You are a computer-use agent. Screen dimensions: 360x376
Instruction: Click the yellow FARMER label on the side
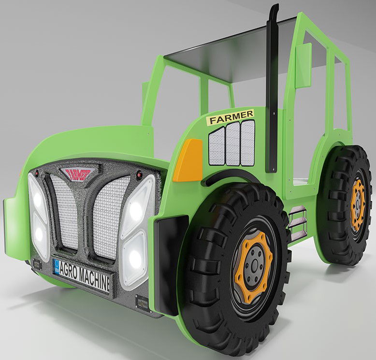(x=230, y=116)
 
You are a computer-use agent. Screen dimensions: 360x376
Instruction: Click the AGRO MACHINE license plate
(x=83, y=276)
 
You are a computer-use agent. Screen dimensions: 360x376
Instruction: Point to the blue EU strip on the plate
(x=57, y=266)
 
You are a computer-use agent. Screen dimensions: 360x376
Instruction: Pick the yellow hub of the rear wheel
(x=358, y=204)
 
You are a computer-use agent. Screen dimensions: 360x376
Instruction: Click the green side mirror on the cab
(x=304, y=65)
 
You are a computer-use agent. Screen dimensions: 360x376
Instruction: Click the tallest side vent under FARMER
(x=247, y=143)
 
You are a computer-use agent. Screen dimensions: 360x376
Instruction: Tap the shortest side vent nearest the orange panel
(x=217, y=147)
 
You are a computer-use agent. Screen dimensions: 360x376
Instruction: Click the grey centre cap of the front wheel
(x=253, y=267)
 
